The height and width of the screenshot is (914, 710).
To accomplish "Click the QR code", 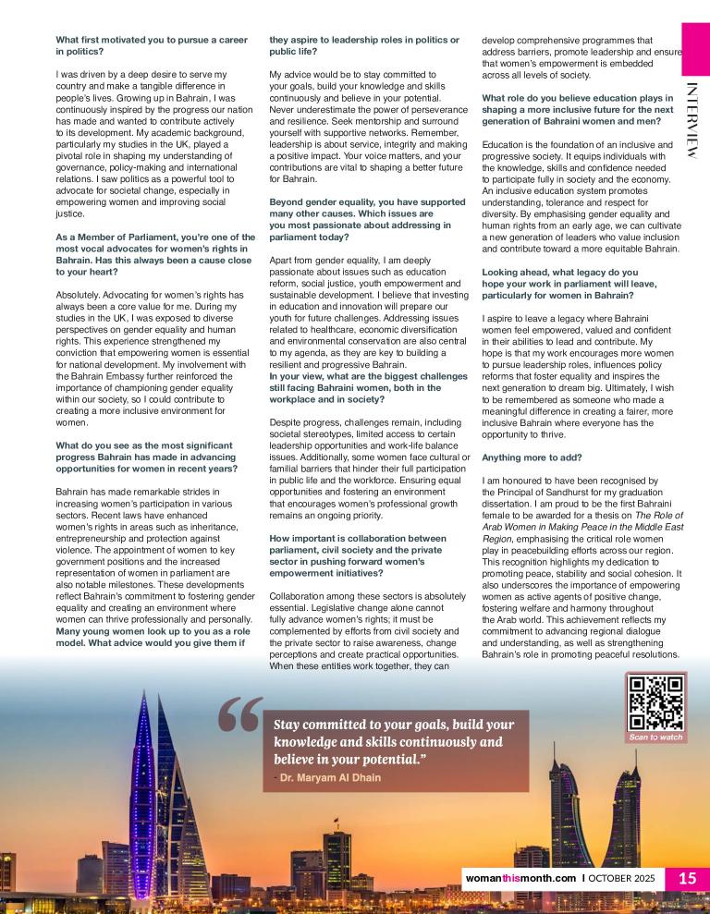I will tap(655, 703).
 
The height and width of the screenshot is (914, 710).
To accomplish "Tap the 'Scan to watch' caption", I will tap(655, 737).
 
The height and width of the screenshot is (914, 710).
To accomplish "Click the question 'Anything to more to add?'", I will tap(520, 457).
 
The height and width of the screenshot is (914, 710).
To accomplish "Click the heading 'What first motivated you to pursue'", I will tap(129, 40).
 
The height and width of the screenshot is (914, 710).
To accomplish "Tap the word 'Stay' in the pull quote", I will tap(290, 725).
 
